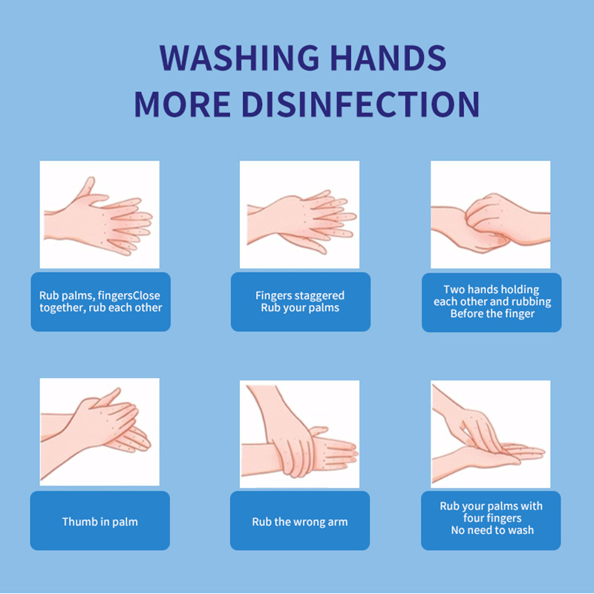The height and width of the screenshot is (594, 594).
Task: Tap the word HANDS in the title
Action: click(x=388, y=58)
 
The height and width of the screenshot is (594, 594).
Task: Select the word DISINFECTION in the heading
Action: click(x=361, y=104)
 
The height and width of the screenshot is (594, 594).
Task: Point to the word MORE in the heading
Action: click(x=183, y=104)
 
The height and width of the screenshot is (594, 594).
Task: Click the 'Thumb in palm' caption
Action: click(x=100, y=522)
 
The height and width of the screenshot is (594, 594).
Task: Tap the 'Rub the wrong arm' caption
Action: click(x=300, y=522)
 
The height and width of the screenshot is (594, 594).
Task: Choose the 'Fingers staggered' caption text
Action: click(x=300, y=295)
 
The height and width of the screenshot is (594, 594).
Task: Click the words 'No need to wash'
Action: click(x=492, y=530)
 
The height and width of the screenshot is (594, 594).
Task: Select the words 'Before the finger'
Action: click(x=492, y=313)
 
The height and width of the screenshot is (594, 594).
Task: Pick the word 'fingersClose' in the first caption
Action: click(x=128, y=296)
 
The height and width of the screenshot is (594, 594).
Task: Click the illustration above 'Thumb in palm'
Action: click(x=99, y=432)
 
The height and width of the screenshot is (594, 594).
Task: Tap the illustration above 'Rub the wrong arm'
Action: click(x=300, y=434)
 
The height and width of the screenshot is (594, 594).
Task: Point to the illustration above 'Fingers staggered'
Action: click(x=300, y=215)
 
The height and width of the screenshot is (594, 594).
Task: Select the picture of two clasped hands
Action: click(x=491, y=215)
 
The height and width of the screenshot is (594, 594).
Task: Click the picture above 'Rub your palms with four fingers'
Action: click(x=491, y=434)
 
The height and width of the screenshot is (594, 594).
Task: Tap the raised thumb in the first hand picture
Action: click(x=86, y=186)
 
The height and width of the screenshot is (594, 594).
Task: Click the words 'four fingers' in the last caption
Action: click(x=492, y=518)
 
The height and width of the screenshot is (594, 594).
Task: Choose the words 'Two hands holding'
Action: click(x=492, y=290)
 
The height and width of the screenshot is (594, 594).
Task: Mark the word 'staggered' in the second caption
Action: click(x=320, y=296)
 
